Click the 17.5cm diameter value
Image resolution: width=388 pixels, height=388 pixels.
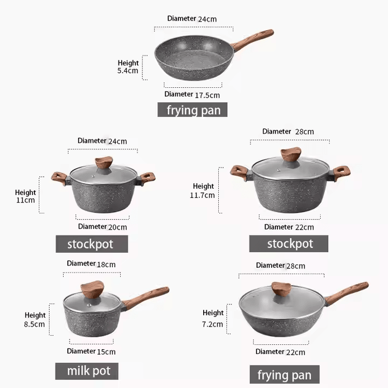pyautogui.click(x=207, y=95)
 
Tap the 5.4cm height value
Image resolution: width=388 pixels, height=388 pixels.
pyautogui.click(x=128, y=71)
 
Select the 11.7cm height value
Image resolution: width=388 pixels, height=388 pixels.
pyautogui.click(x=202, y=195)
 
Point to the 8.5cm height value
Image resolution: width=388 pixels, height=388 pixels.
pyautogui.click(x=34, y=324)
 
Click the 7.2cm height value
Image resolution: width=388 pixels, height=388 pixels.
pyautogui.click(x=212, y=324)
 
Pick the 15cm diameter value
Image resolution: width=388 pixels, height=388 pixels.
pyautogui.click(x=106, y=351)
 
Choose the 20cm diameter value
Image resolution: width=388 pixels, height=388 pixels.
pyautogui.click(x=117, y=227)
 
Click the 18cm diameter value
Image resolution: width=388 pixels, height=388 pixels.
pyautogui.click(x=106, y=265)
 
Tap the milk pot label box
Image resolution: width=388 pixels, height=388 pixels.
pyautogui.click(x=87, y=371)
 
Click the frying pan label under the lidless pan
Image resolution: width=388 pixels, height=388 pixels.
pyautogui.click(x=192, y=110)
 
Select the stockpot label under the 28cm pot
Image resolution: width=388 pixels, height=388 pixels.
pyautogui.click(x=289, y=244)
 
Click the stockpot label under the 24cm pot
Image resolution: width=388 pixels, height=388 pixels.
pyautogui.click(x=92, y=244)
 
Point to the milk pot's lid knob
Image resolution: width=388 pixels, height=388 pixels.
pyautogui.click(x=92, y=289)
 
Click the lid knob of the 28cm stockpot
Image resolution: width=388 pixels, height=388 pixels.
pyautogui.click(x=291, y=155)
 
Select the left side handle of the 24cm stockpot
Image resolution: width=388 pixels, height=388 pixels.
pyautogui.click(x=59, y=179)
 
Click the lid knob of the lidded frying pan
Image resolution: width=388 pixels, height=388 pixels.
pyautogui.click(x=281, y=289)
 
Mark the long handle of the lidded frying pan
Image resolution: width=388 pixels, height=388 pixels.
pyautogui.click(x=347, y=294)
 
